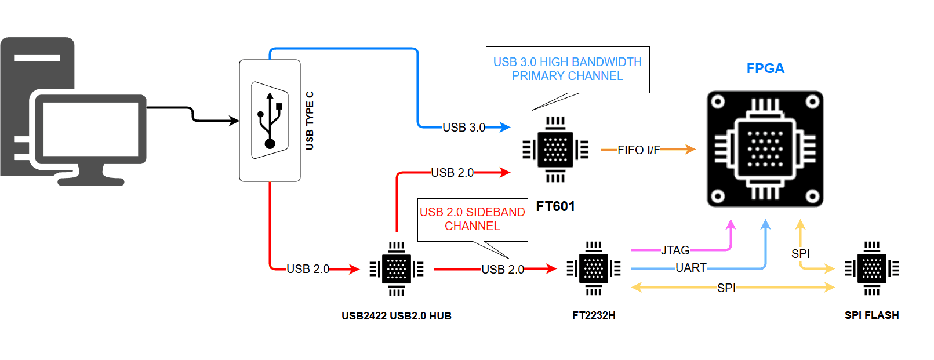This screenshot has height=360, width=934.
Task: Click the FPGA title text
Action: click(765, 68)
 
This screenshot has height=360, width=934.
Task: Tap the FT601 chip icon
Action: click(555, 150)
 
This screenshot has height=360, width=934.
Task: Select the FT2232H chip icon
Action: click(593, 268)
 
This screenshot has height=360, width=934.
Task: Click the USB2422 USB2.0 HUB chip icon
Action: click(397, 269)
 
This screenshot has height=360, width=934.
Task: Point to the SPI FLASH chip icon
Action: click(871, 268)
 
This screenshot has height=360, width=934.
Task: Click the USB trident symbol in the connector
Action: click(270, 120)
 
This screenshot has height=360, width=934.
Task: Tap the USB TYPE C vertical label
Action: click(310, 121)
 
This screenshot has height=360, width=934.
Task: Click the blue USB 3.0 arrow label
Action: click(464, 128)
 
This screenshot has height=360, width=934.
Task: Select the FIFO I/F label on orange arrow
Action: click(638, 150)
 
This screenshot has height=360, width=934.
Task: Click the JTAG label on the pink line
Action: click(675, 250)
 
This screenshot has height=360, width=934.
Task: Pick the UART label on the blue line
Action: click(690, 268)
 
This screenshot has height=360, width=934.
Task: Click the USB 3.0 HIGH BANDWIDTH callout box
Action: click(567, 69)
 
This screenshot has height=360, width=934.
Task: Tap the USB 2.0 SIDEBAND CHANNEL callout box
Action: click(472, 219)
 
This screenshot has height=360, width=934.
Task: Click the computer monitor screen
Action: click(90, 129)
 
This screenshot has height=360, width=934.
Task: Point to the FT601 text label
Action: click(555, 206)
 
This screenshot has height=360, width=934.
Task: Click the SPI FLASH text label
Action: click(871, 315)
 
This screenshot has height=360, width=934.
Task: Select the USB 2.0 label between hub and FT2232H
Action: click(502, 270)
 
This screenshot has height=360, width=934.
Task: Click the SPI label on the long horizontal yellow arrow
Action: click(726, 288)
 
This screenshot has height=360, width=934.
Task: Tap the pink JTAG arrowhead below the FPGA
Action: click(731, 224)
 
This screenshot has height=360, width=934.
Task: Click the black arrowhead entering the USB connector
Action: click(234, 121)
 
